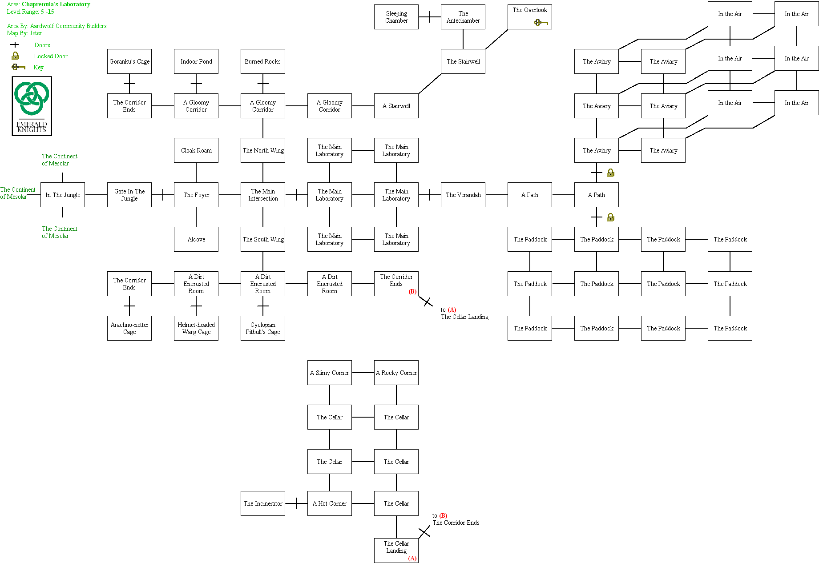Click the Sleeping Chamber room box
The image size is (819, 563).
tap(396, 17)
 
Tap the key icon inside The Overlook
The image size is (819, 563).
tap(541, 22)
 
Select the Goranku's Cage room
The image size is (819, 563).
tap(129, 61)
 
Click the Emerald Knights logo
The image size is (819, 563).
tap(32, 106)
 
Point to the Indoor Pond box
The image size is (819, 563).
tap(196, 61)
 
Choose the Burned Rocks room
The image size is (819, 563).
tap(262, 61)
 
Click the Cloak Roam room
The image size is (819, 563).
tap(196, 150)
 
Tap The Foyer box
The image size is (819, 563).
tap(196, 195)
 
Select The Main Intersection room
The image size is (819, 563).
tap(262, 195)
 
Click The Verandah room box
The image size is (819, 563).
tap(463, 195)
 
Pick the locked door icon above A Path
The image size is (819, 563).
tap(610, 173)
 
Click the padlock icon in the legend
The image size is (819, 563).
tap(16, 56)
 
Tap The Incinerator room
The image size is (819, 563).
tap(262, 503)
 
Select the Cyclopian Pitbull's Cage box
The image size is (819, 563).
tap(262, 328)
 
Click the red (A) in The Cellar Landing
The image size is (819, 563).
tap(412, 558)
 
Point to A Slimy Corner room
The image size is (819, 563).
tap(329, 373)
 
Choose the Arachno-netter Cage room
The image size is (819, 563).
tap(129, 328)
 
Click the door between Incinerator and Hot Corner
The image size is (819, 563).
tap(296, 503)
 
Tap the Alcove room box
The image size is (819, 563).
tap(196, 239)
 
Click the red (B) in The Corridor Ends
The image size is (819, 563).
tap(412, 291)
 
